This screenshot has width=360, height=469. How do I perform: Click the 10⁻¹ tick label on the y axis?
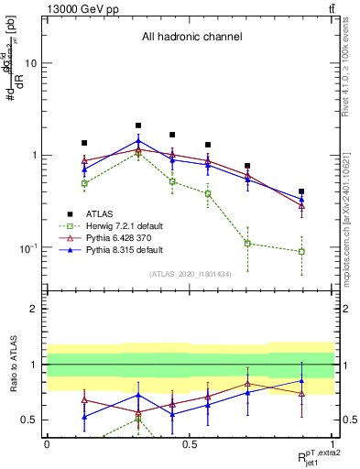[x=31, y=248]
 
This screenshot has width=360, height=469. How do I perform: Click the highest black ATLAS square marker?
[x=138, y=125]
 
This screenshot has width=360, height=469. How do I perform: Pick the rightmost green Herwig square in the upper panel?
[x=301, y=251]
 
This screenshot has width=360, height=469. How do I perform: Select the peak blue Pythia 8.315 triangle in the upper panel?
[x=138, y=141]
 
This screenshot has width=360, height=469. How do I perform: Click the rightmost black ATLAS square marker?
[x=301, y=191]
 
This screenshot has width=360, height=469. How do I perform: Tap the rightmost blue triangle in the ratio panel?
[x=301, y=381]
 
